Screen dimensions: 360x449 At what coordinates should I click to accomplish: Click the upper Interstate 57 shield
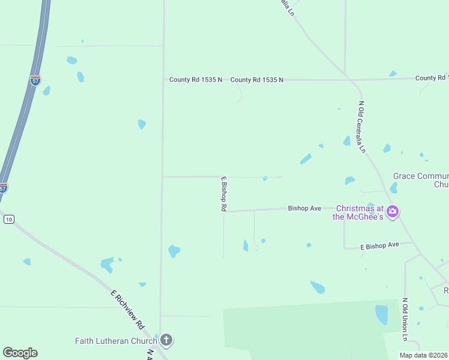click(36, 80)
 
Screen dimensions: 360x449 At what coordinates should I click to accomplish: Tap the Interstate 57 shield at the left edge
click(3, 188)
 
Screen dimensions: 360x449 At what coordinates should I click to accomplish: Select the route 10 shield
click(8, 220)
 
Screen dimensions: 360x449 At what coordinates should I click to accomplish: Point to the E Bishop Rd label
click(223, 193)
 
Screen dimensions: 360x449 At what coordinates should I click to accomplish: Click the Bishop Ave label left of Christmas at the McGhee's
click(304, 208)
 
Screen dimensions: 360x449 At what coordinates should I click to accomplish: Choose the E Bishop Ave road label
click(379, 245)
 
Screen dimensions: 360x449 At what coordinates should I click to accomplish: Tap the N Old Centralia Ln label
click(362, 127)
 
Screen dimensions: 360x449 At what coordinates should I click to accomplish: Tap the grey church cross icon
click(166, 341)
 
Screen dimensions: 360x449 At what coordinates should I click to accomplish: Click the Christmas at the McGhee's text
click(358, 212)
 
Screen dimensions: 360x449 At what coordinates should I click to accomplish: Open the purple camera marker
click(393, 211)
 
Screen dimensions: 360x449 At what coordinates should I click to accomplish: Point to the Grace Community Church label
click(420, 180)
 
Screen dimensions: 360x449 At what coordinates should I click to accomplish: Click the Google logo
click(20, 353)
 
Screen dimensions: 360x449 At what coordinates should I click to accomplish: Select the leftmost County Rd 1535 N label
click(195, 79)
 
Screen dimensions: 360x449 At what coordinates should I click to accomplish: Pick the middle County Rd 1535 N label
click(256, 79)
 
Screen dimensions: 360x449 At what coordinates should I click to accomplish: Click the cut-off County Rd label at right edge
click(432, 78)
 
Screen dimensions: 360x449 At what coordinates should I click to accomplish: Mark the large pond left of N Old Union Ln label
click(381, 314)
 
